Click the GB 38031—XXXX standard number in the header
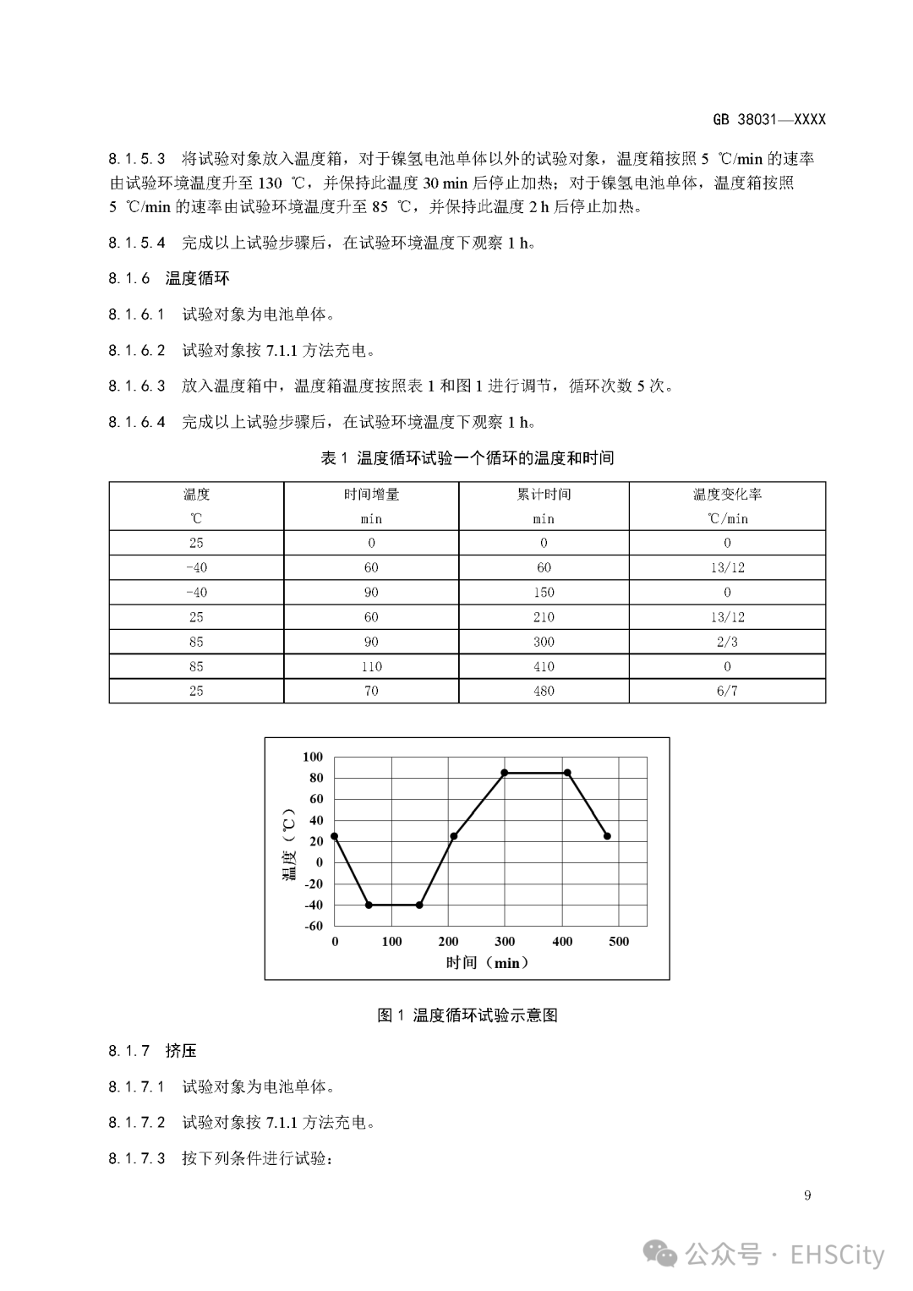click(768, 119)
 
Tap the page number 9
click(807, 1195)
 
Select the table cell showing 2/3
click(727, 642)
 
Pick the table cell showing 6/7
click(727, 691)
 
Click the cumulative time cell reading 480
click(544, 691)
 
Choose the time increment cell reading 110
click(371, 666)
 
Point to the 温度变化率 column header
click(727, 495)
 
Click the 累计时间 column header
click(544, 495)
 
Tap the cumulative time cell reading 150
click(544, 592)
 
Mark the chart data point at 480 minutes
click(607, 836)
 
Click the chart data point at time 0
click(335, 836)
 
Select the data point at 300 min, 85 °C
click(505, 773)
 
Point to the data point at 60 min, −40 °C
click(369, 905)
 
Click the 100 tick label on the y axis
click(313, 757)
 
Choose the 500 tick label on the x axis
click(619, 942)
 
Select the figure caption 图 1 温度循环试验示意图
click(467, 1015)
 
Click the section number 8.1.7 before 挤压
click(128, 1051)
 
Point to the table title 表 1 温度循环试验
click(467, 458)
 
